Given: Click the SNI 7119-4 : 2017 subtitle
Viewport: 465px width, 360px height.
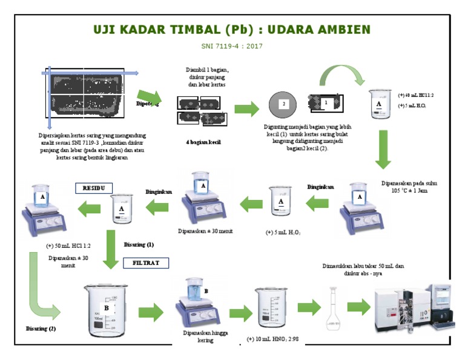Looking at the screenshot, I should [232, 46].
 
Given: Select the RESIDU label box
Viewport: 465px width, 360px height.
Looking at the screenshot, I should [94, 188].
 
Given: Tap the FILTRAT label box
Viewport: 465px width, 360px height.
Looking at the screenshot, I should [145, 263].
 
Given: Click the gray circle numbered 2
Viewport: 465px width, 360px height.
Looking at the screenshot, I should [283, 105].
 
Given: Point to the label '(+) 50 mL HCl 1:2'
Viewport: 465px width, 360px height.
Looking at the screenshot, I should [68, 246].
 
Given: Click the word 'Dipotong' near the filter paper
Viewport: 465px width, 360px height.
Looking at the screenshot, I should [147, 104].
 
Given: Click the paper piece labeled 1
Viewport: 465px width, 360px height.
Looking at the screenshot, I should [326, 104].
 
